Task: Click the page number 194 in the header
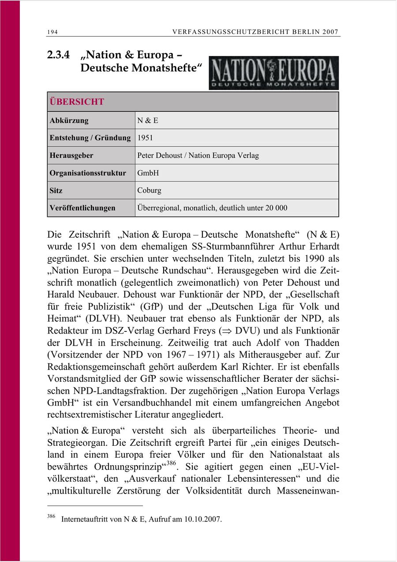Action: (x=52, y=32)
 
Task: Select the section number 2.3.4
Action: (x=60, y=55)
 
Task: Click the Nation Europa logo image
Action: (x=273, y=72)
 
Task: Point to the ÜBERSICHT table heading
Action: (x=77, y=102)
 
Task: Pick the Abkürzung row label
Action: (x=69, y=120)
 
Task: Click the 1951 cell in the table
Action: (x=145, y=138)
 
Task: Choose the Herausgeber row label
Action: (x=71, y=156)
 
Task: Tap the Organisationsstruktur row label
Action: (x=88, y=173)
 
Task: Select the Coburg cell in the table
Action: (x=149, y=190)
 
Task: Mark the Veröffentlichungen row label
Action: (x=82, y=208)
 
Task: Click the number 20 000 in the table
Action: (x=276, y=208)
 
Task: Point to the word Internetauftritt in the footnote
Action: (x=85, y=519)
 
